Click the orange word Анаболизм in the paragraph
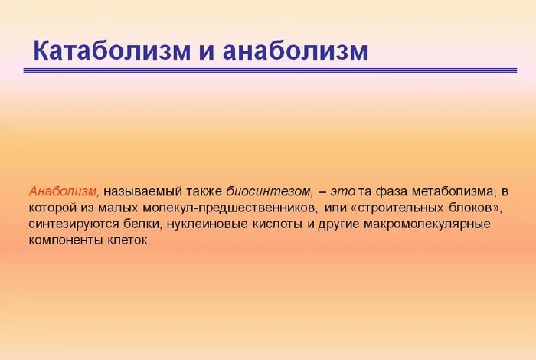coord(64,190)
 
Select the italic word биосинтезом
coord(269,190)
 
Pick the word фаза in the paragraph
coord(391,190)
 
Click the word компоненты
coord(64,241)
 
